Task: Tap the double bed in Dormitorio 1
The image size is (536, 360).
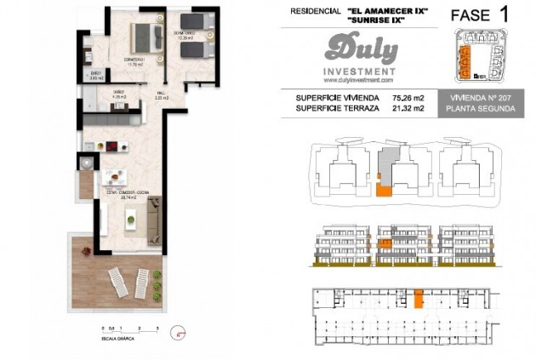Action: coord(147,37)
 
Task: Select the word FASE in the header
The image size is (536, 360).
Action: coord(468,15)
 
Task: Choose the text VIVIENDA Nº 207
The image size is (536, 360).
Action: coord(481,98)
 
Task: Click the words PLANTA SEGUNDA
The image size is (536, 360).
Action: coord(481,109)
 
